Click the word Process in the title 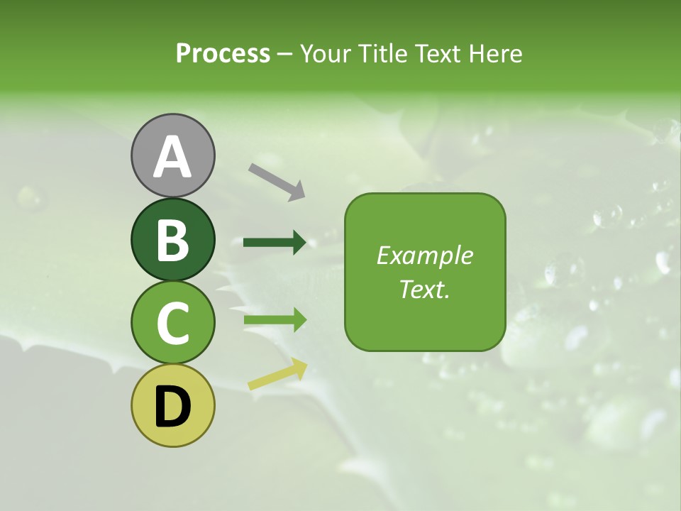coord(223,54)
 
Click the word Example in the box coord(424,255)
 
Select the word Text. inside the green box coord(424,289)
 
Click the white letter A coord(172,157)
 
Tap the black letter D coord(172,407)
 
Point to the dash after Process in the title coord(284,55)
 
